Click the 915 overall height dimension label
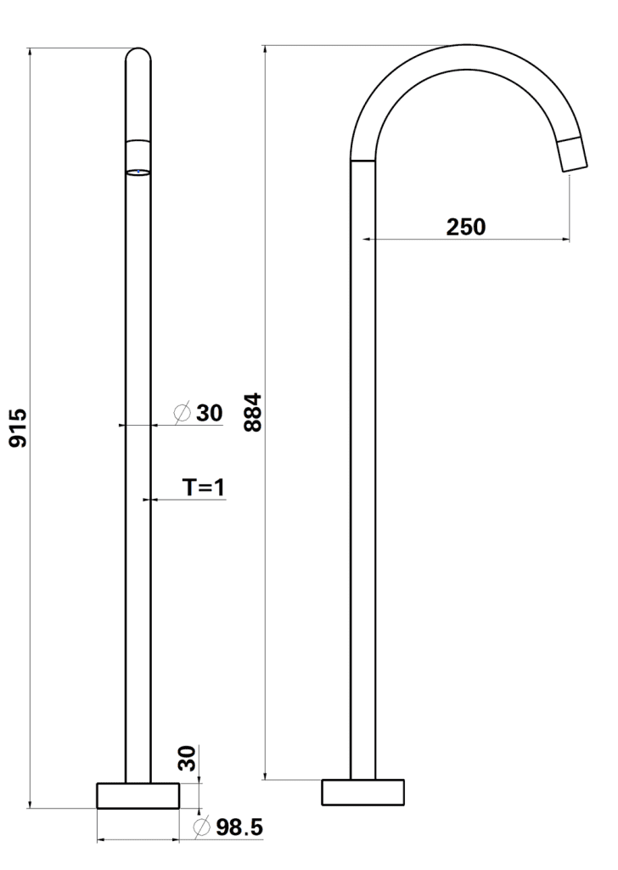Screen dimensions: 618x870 coord(19,428)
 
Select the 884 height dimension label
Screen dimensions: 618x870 coord(253,412)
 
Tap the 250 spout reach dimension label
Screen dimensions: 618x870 coord(465,226)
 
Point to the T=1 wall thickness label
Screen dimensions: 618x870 coord(204,487)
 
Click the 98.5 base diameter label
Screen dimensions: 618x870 coord(239,828)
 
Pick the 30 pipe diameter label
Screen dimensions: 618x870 coord(210,413)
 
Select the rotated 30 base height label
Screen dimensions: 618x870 coord(188,758)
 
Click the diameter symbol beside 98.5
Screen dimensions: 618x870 coord(202,826)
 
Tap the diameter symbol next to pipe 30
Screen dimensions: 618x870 coord(183,412)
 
